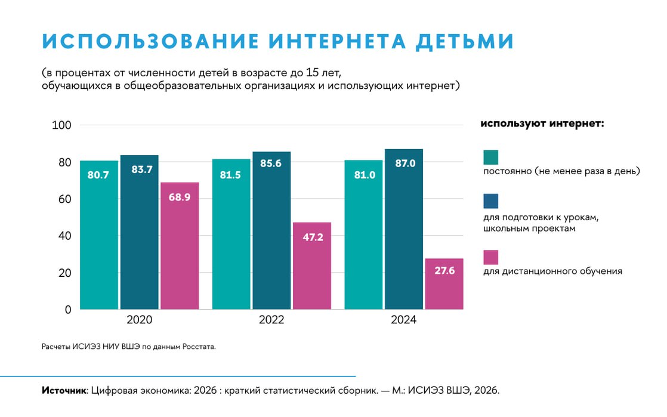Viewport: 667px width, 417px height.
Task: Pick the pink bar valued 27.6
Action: pos(444,284)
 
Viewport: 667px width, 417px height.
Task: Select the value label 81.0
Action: pos(364,175)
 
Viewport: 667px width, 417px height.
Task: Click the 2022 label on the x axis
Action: pos(271,320)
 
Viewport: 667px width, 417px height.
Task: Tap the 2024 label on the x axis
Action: pos(403,320)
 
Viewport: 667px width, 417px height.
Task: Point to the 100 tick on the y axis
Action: pos(62,125)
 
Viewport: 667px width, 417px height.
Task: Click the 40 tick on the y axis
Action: pos(64,236)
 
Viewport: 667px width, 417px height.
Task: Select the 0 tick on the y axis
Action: pos(68,310)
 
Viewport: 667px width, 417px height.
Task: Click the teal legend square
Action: pos(490,157)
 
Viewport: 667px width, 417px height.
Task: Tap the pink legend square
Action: pos(490,257)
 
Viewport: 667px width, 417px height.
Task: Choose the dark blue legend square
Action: pos(490,201)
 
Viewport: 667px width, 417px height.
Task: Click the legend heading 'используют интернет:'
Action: pos(542,124)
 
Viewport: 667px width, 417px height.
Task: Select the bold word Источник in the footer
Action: pos(64,391)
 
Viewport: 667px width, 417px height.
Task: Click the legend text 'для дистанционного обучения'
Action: pos(552,271)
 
